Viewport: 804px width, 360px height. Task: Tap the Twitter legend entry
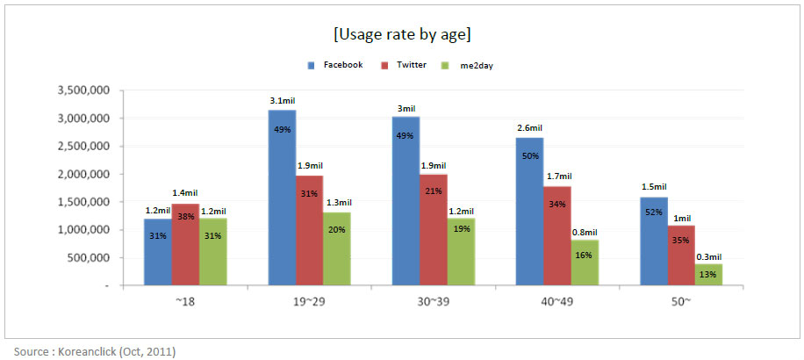pos(412,65)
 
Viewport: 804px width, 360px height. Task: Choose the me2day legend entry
pos(481,65)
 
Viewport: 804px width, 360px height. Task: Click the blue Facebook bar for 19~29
pos(283,198)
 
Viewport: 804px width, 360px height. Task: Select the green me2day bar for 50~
pos(708,274)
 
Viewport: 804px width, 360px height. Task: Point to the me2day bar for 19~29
pos(337,248)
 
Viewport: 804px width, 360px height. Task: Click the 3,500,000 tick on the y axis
pos(83,90)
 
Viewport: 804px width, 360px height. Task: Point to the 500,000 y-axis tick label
pos(90,258)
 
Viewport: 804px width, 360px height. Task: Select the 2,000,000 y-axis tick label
pos(83,174)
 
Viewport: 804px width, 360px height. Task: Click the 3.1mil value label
pos(283,101)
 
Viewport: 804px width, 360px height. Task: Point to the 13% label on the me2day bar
pos(708,274)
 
